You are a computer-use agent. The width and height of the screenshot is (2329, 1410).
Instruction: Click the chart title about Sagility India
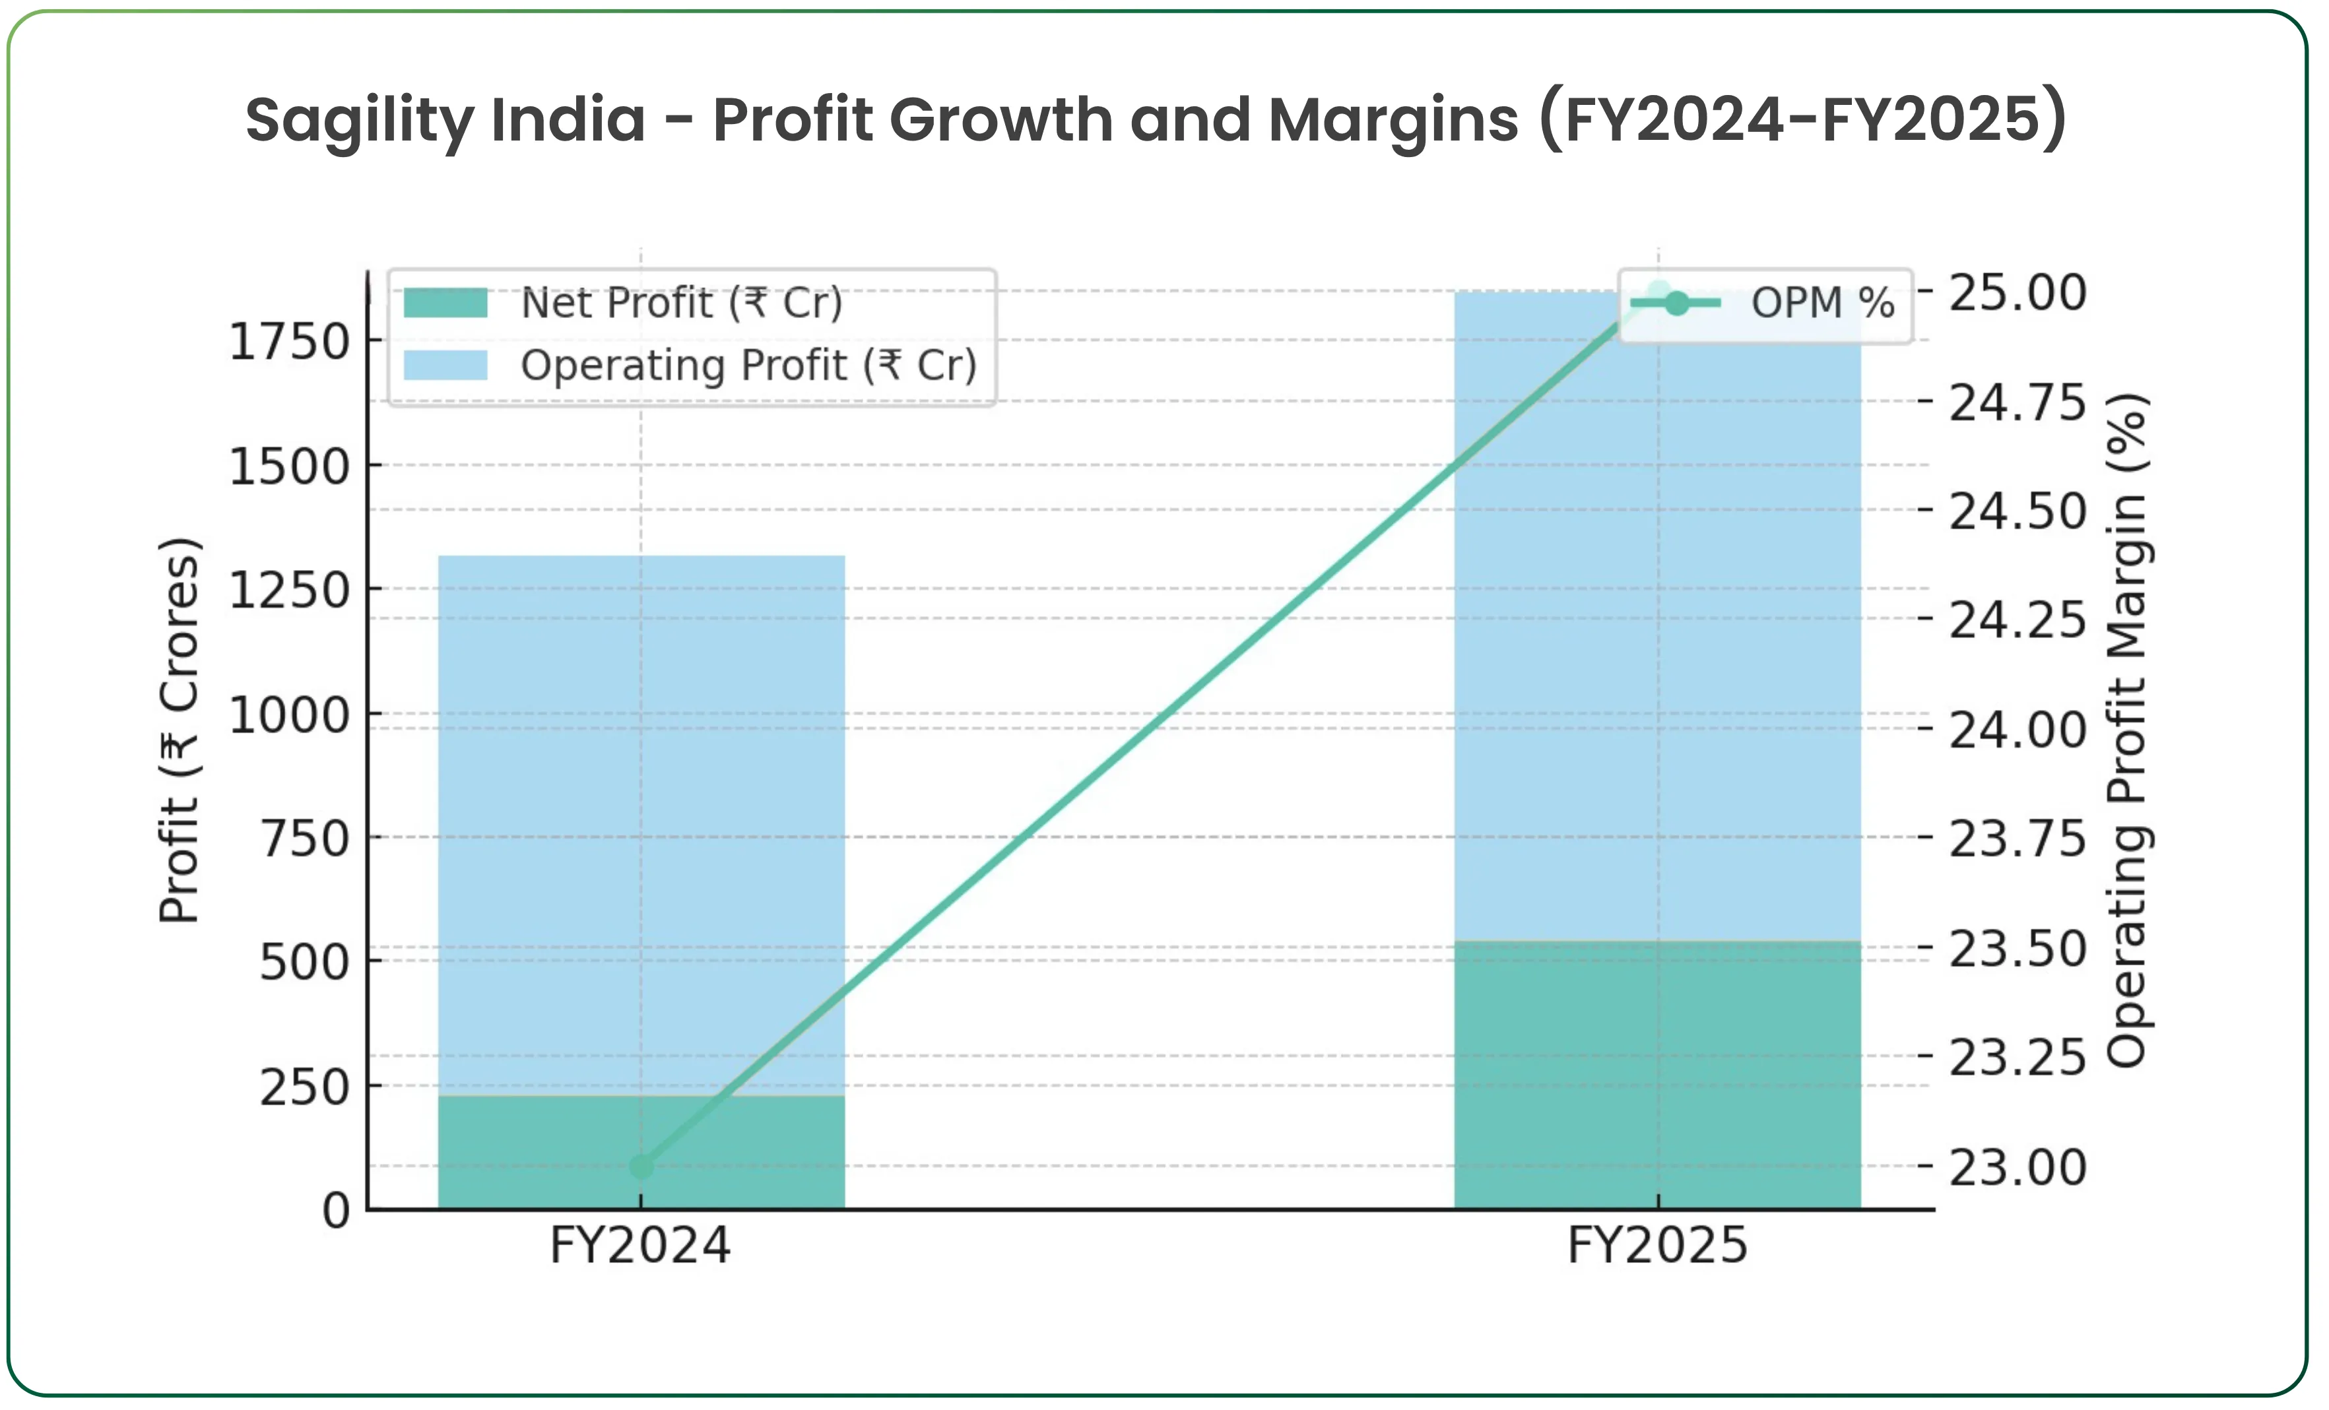(x=1155, y=120)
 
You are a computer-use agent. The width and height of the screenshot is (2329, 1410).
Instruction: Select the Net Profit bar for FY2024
(x=641, y=1153)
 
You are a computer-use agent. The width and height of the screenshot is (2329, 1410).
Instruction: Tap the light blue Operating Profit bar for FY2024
(x=641, y=822)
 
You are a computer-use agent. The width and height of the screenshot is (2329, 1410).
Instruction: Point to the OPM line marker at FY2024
(x=641, y=1167)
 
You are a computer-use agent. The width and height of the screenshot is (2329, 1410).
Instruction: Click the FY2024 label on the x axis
(x=641, y=1246)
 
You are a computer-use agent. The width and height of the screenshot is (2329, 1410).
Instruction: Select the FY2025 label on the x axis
(x=1657, y=1246)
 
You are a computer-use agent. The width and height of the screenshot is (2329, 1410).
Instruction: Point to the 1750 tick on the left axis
(x=289, y=341)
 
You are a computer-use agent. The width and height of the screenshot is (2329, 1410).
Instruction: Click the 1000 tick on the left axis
(x=289, y=715)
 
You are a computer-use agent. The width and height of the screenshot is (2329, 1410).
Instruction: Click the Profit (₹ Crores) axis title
(x=180, y=730)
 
